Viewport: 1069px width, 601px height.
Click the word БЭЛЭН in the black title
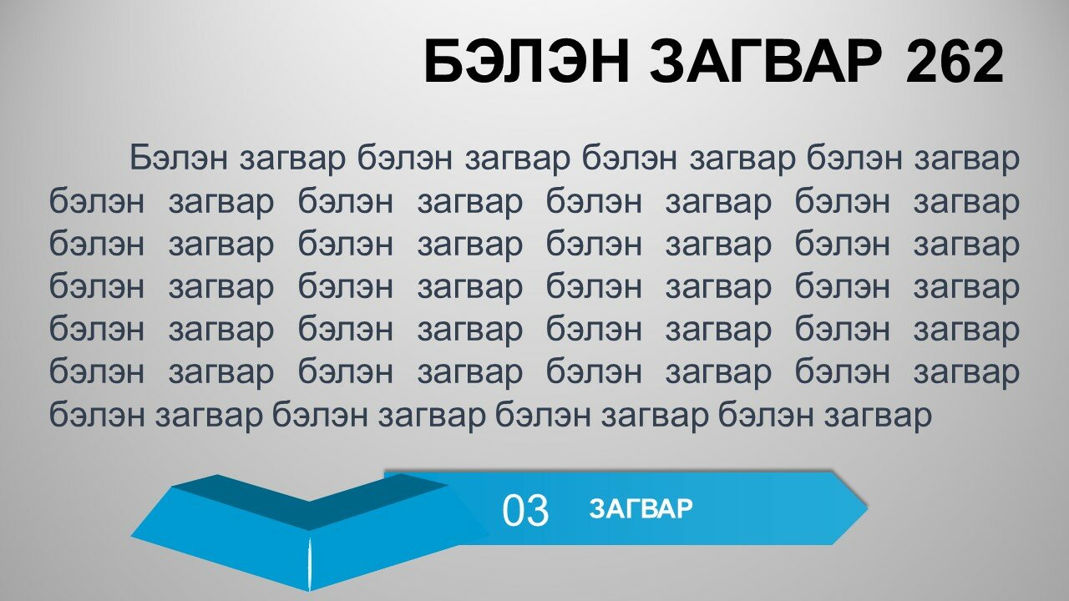pyautogui.click(x=526, y=62)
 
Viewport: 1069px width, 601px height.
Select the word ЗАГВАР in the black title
pyautogui.click(x=767, y=62)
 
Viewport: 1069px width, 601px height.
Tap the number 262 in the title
pyautogui.click(x=955, y=62)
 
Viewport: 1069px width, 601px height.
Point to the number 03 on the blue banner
pyautogui.click(x=525, y=510)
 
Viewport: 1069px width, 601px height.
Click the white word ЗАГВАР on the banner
pyautogui.click(x=641, y=508)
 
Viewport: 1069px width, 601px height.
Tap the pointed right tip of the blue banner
pyautogui.click(x=867, y=508)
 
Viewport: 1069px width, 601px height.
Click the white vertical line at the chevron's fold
pyautogui.click(x=309, y=564)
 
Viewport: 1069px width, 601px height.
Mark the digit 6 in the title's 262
pyautogui.click(x=955, y=62)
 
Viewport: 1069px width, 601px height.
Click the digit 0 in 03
pyautogui.click(x=513, y=510)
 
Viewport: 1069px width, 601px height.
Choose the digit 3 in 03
pyautogui.click(x=538, y=510)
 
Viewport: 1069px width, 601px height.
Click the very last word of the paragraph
pyautogui.click(x=878, y=416)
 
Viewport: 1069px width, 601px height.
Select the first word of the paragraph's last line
pyautogui.click(x=97, y=414)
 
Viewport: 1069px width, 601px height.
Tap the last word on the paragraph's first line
pyautogui.click(x=967, y=159)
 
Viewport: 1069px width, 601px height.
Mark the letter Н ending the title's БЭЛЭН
pyautogui.click(x=610, y=62)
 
